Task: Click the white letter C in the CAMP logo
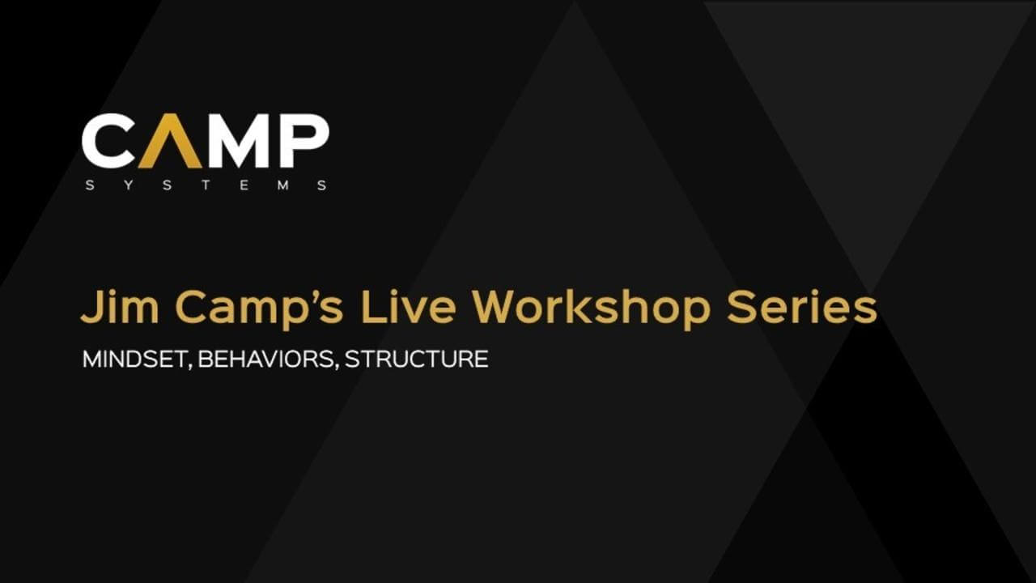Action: (x=108, y=141)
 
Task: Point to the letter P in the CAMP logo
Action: (x=303, y=141)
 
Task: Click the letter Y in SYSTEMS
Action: (x=127, y=185)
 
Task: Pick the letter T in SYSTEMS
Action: (x=205, y=185)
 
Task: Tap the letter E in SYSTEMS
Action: (x=244, y=185)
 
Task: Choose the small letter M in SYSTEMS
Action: (x=282, y=185)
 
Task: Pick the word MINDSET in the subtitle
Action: (x=134, y=359)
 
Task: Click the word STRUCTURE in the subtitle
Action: (x=416, y=359)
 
